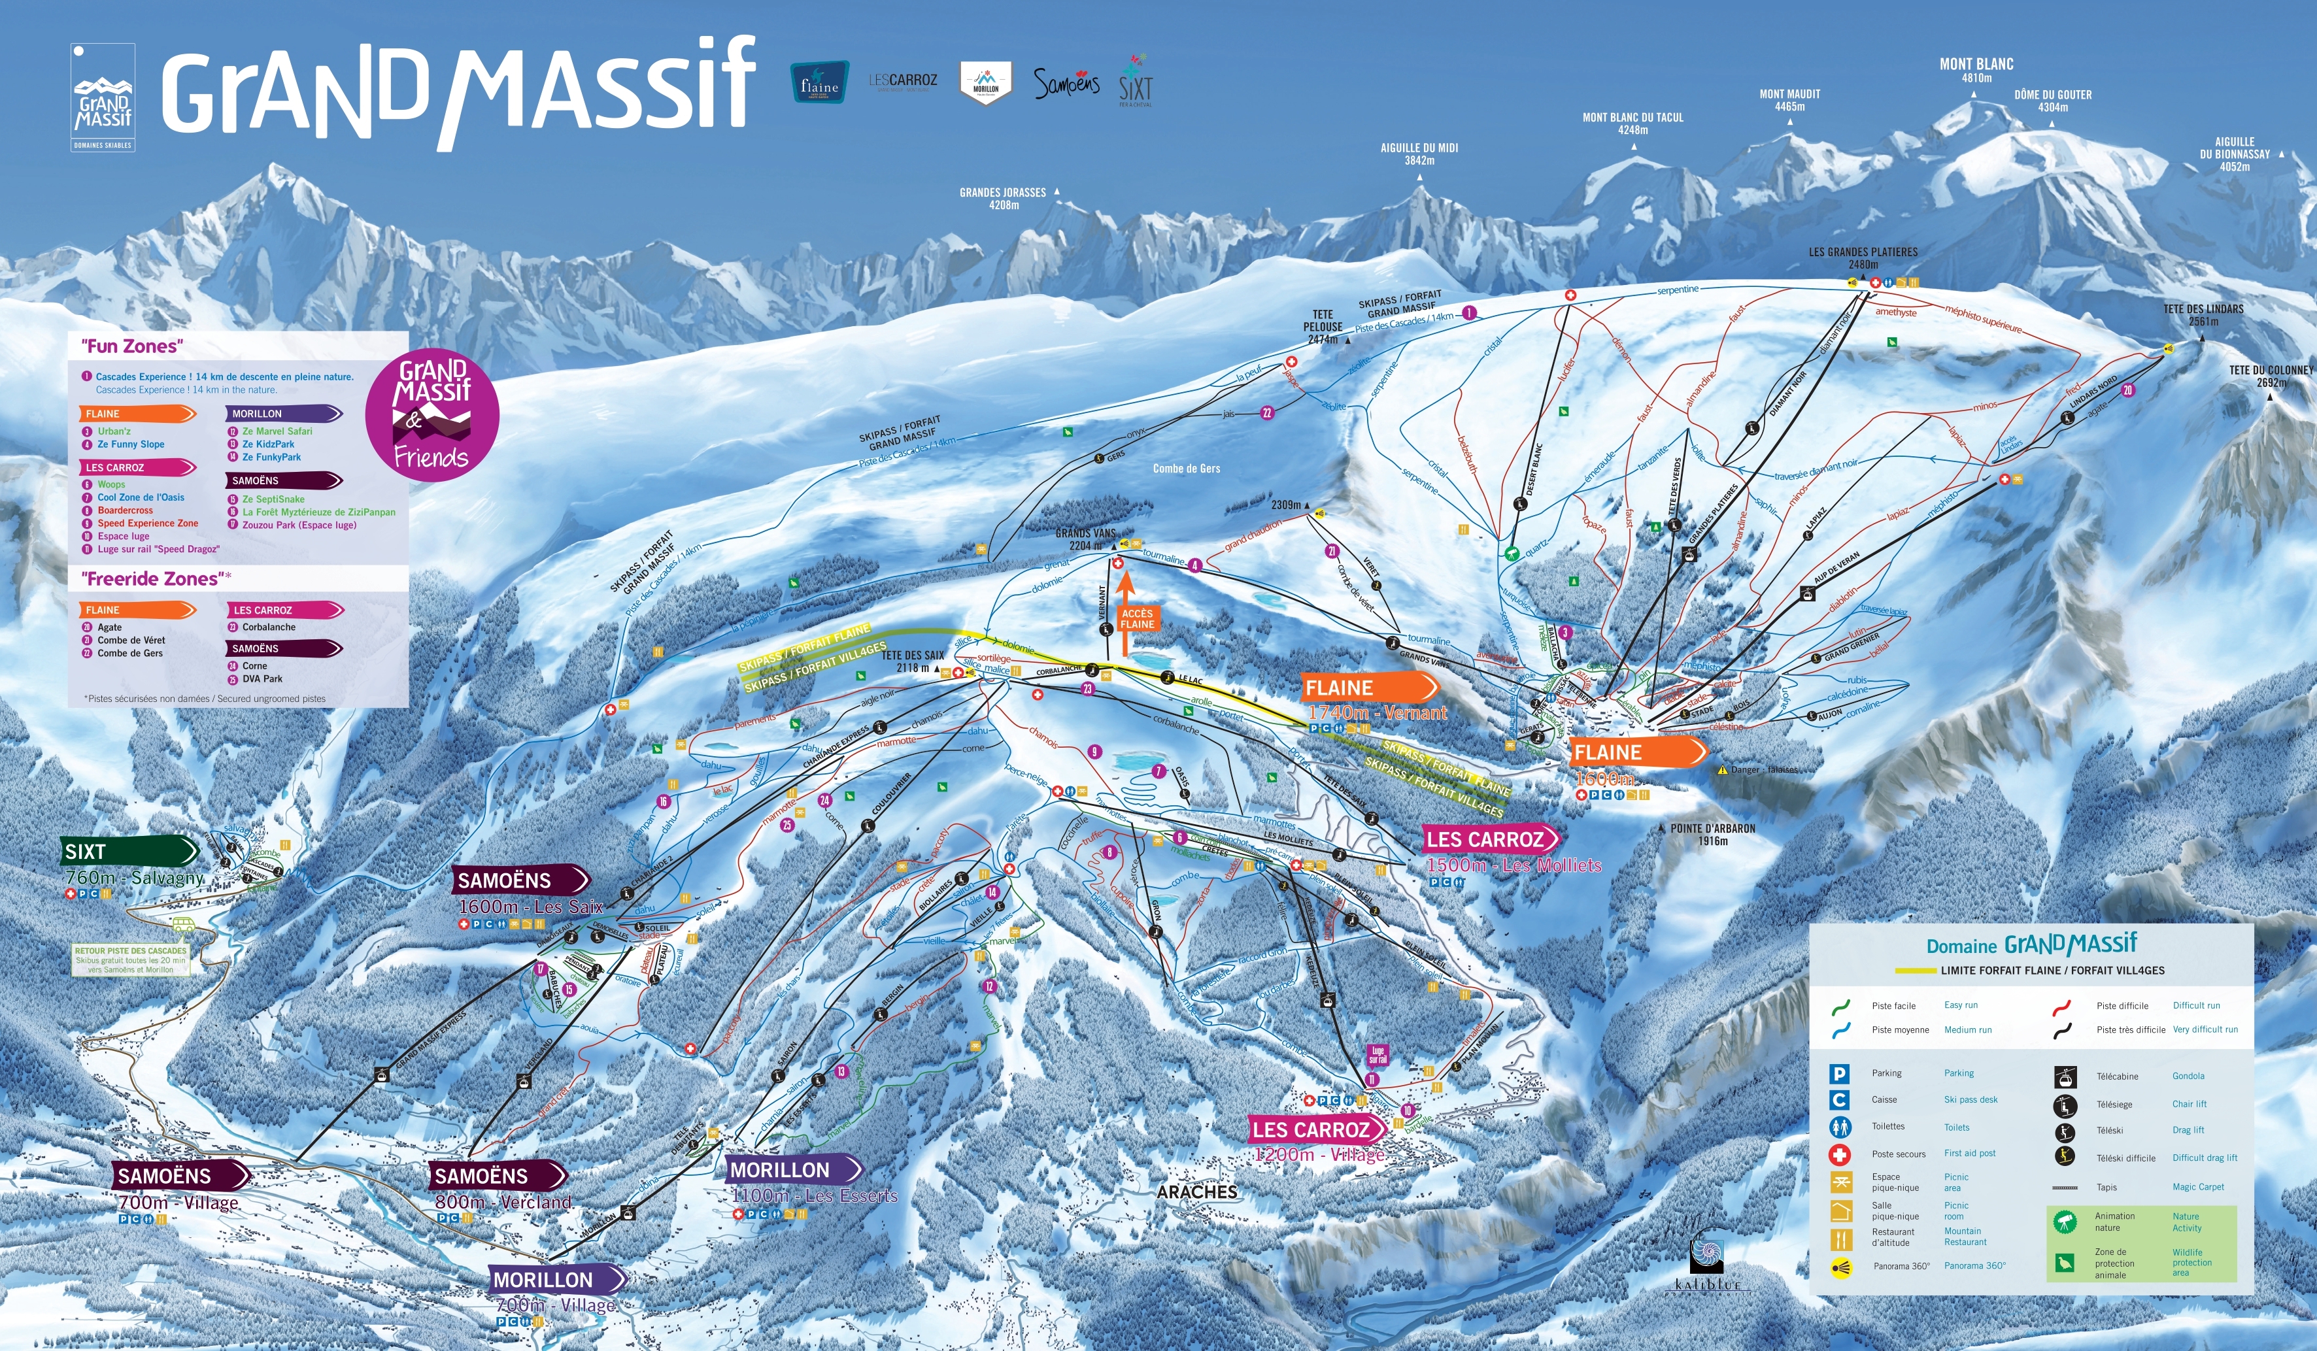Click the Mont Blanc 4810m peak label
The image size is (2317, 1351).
1976,70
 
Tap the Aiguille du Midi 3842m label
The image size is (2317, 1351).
1419,154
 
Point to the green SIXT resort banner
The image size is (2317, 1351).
129,851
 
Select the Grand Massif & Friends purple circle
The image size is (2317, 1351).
432,414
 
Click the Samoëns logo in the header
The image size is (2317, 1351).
1066,84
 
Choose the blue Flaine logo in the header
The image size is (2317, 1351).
819,83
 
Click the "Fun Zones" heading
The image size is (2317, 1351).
133,346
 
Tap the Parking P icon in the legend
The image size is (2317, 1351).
1839,1073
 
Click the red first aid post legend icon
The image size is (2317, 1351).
1839,1154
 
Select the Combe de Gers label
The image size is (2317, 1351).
1186,469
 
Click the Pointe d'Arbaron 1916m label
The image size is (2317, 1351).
1712,833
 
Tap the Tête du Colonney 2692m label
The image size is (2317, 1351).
2270,376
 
